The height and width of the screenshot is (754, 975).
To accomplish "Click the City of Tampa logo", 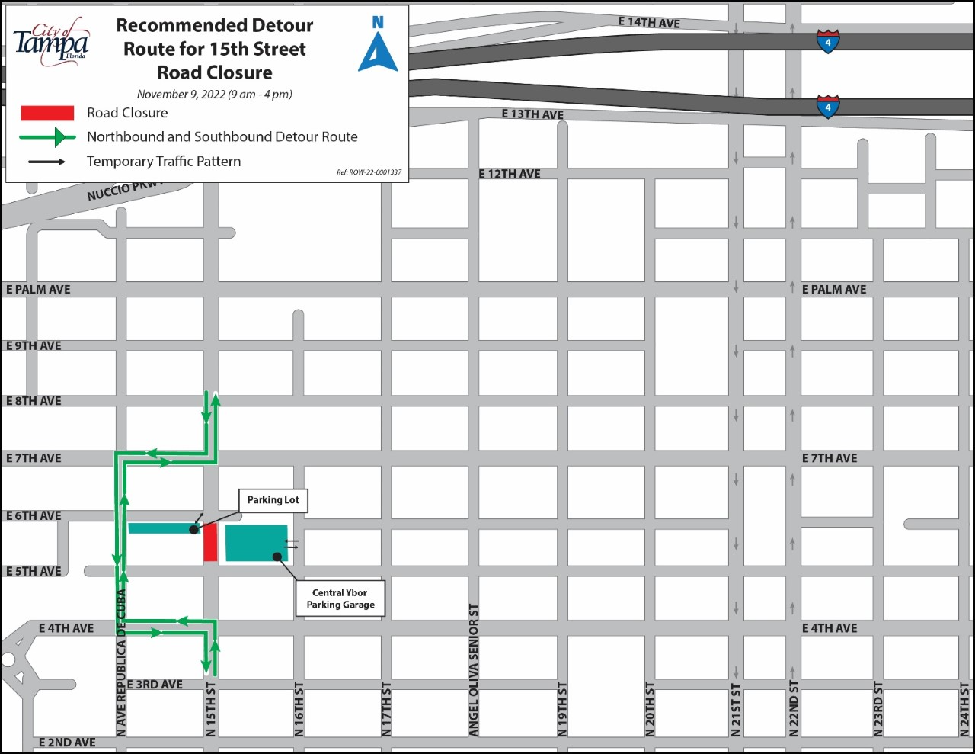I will [x=52, y=42].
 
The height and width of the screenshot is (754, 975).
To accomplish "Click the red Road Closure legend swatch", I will [x=47, y=114].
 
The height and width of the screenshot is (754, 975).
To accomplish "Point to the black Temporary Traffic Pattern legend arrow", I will [x=47, y=162].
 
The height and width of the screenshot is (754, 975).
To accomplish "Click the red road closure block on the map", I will [x=210, y=542].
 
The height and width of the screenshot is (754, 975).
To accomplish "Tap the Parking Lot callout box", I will [x=273, y=500].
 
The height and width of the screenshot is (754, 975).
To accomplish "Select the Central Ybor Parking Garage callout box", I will [x=340, y=598].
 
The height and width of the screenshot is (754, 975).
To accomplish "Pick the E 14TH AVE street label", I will [x=649, y=23].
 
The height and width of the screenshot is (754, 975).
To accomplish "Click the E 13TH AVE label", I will [x=532, y=114].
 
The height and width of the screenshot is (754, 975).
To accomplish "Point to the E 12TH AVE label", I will [x=510, y=174].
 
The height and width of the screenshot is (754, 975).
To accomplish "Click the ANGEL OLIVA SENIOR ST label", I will [x=474, y=670].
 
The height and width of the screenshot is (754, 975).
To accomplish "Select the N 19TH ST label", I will [x=562, y=709].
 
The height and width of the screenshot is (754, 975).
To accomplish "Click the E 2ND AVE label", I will [x=67, y=743].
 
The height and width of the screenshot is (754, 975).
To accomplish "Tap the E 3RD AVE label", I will [x=155, y=685].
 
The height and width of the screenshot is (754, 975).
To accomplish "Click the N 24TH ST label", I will [x=964, y=709].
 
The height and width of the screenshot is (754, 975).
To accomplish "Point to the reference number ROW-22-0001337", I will [x=369, y=172].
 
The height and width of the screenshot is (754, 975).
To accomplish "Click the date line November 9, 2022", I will [x=214, y=95].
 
